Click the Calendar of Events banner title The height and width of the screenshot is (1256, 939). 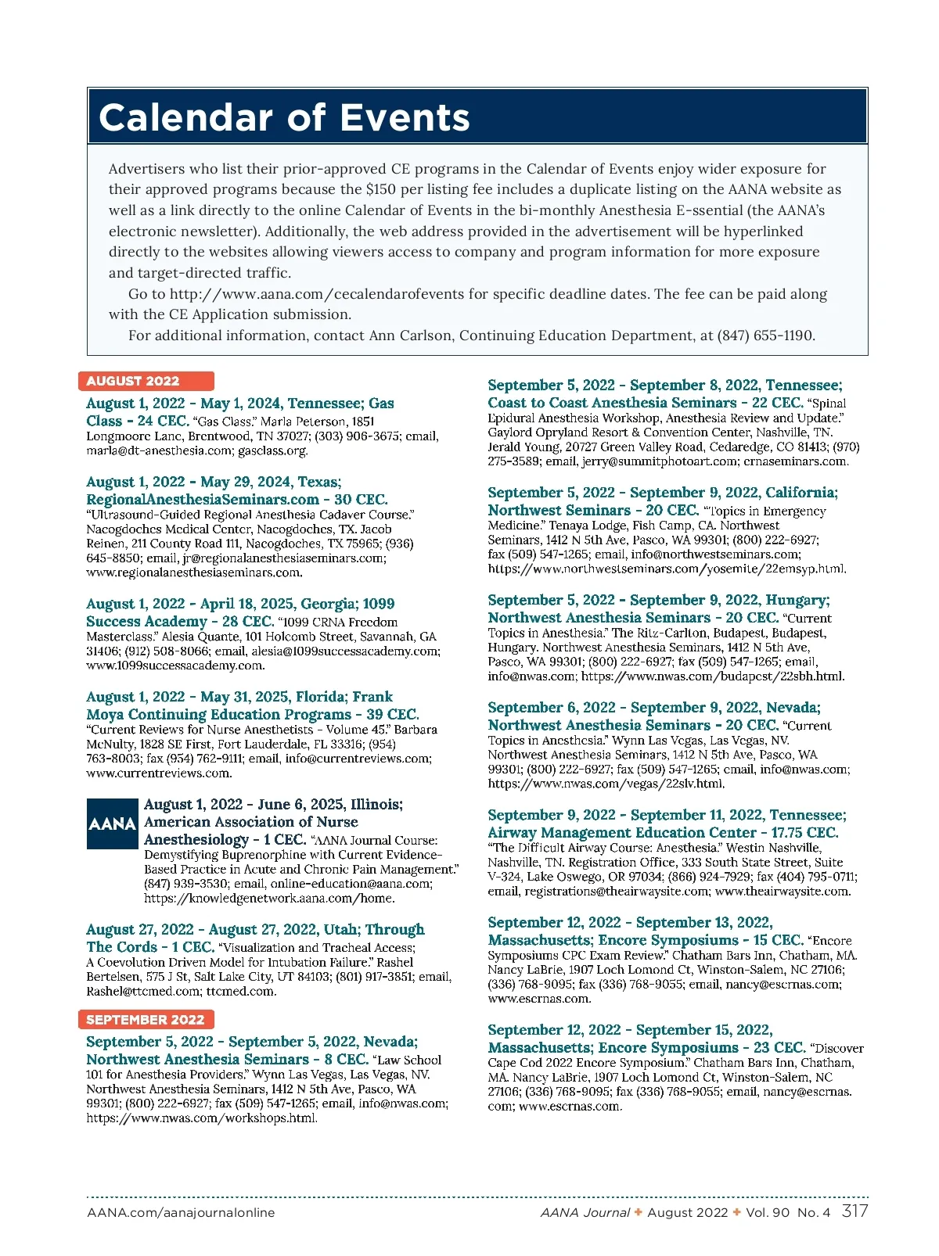click(284, 117)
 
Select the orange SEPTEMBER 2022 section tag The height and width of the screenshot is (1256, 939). click(146, 1020)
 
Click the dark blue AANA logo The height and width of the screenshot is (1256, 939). click(113, 824)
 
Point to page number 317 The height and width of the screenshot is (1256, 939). click(854, 1211)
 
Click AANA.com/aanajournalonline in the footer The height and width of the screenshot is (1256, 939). click(181, 1213)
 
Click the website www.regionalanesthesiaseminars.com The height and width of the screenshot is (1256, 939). click(192, 572)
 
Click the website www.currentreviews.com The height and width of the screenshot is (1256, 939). click(158, 773)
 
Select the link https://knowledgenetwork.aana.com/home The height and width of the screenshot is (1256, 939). click(269, 898)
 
